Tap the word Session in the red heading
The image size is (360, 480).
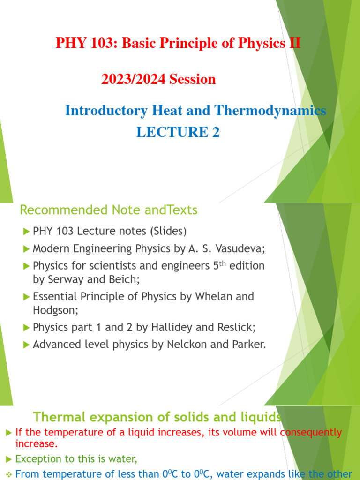tap(193, 79)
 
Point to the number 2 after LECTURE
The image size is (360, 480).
tap(215, 133)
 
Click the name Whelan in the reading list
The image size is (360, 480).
tap(203, 296)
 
